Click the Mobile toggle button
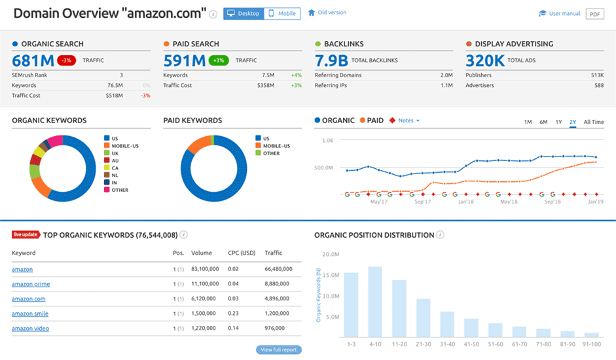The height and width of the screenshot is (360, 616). pos(282,13)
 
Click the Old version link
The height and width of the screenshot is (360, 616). pos(332,12)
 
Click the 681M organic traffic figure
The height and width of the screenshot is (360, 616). pos(32,61)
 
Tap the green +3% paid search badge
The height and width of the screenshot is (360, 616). pos(219,60)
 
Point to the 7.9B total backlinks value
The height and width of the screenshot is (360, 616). pos(331,61)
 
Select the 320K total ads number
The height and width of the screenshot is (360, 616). pos(484,61)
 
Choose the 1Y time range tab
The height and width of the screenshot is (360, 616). pos(558,122)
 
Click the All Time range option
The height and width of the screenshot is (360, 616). pos(593,122)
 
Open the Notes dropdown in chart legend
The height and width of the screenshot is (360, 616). pos(408,120)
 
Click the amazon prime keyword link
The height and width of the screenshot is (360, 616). pos(31,284)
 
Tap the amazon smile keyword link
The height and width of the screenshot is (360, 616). pos(30,314)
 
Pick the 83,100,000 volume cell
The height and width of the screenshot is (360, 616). pos(205,269)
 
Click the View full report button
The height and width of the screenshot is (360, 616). pos(280,350)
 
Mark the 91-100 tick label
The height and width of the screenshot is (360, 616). pos(591,343)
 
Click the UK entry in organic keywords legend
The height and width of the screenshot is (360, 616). pos(115,153)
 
